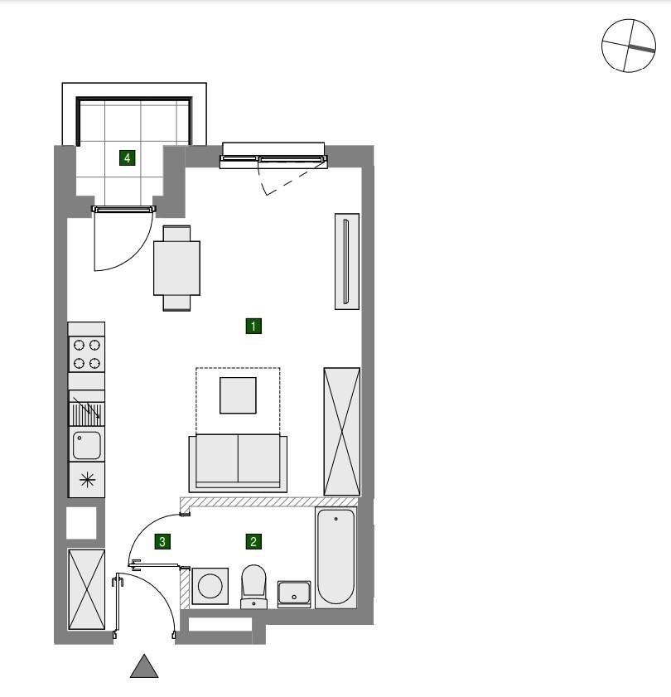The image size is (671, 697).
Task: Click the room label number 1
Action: (x=253, y=326)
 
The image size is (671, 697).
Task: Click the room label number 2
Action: (x=253, y=542)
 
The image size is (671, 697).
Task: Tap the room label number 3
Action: (x=163, y=542)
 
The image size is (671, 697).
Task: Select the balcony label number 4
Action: (x=127, y=157)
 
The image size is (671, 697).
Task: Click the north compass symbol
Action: (x=628, y=46)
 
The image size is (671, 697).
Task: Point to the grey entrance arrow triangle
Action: (x=144, y=666)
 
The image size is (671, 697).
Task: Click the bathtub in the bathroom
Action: (x=336, y=557)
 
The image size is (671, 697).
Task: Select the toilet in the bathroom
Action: (x=253, y=584)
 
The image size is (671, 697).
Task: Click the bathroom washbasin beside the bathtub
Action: (x=294, y=593)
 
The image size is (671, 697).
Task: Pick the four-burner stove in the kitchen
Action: (x=86, y=354)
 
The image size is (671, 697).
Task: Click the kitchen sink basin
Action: (x=86, y=445)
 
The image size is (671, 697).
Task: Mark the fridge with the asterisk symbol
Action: (x=86, y=480)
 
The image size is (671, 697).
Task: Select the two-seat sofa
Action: (x=238, y=462)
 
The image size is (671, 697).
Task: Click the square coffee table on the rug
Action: (x=238, y=395)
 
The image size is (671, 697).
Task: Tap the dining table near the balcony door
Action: (x=176, y=268)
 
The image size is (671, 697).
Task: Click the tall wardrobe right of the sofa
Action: (x=341, y=432)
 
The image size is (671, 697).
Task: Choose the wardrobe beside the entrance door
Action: (x=86, y=589)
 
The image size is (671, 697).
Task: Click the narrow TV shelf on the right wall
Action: (x=346, y=261)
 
